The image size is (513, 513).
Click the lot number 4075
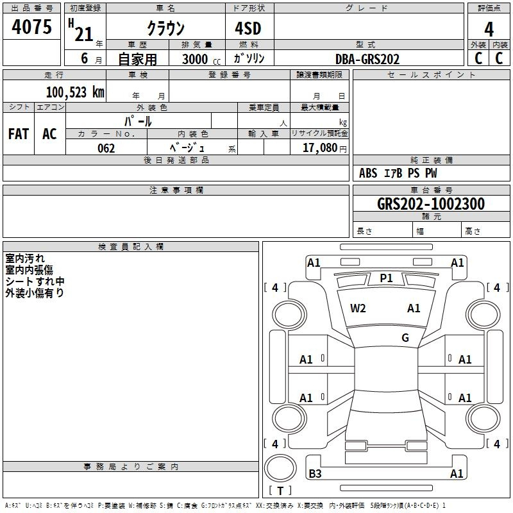(x=31, y=26)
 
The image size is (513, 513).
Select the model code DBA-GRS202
(x=367, y=59)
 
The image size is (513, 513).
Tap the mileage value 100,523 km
(x=75, y=92)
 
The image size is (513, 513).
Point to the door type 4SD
(x=248, y=28)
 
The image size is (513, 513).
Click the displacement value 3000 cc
(x=201, y=59)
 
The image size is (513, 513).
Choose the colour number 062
(x=106, y=148)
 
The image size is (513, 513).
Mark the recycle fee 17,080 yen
(x=324, y=148)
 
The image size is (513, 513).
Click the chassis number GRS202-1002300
(x=431, y=204)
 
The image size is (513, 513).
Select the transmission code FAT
(x=19, y=134)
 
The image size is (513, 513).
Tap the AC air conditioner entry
(x=49, y=134)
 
